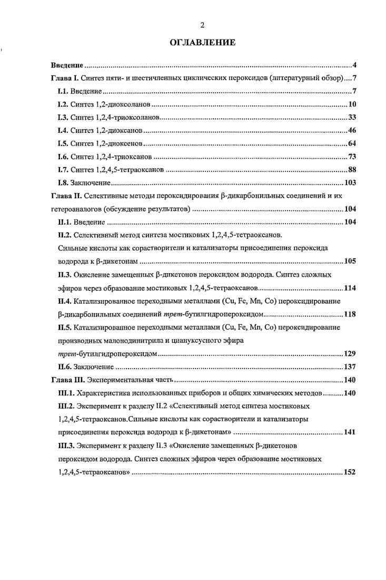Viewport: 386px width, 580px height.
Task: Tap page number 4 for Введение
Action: click(355, 66)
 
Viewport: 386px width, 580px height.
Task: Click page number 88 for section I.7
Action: click(353, 170)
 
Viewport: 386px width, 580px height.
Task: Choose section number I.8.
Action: click(63, 183)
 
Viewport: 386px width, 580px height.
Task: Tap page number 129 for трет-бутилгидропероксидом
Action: click(351, 353)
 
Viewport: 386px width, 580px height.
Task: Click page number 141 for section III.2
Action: click(351, 432)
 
